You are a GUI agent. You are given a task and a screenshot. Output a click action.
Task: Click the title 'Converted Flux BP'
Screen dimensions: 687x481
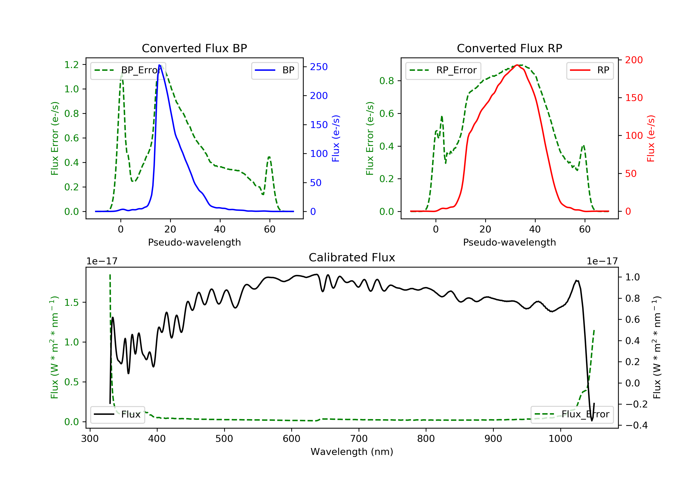(194, 48)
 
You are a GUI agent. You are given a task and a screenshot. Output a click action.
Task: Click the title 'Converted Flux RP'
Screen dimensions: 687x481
(510, 48)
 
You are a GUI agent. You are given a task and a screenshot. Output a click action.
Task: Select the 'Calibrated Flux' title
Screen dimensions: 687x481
(352, 257)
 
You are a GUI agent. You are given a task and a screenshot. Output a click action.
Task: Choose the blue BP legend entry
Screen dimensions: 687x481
(275, 70)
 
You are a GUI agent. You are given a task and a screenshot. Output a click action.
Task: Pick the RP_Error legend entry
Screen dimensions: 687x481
(443, 71)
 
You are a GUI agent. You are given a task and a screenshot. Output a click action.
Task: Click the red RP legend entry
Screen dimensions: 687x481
(590, 70)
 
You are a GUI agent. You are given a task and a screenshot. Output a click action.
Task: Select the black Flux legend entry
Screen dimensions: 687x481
(117, 415)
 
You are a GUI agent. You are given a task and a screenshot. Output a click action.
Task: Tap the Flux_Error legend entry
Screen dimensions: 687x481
(572, 415)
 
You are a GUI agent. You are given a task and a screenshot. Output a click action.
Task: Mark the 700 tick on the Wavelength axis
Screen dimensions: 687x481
(359, 438)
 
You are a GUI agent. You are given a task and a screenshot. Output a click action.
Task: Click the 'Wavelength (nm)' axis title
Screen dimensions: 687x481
(352, 452)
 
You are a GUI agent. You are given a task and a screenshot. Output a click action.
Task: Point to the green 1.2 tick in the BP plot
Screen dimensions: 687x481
(71, 65)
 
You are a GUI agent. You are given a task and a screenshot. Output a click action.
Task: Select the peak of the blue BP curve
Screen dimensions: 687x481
(159, 65)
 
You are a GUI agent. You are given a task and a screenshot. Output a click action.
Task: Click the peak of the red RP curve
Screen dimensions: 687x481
(517, 65)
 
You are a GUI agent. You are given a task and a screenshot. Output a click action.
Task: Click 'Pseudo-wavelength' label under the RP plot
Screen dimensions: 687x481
(510, 242)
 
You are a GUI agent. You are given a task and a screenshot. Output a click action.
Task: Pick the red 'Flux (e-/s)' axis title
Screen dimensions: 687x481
(651, 139)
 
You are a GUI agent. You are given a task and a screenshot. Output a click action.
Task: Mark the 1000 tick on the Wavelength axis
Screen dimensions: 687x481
(560, 438)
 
